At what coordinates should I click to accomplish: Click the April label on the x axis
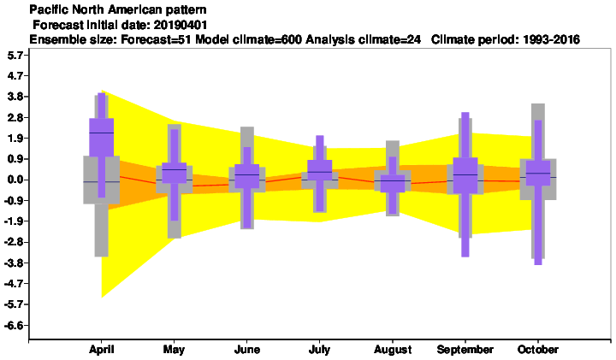101,350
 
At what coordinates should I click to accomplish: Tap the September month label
465,350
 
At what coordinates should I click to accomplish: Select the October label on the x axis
538,350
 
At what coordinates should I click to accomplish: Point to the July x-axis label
319,350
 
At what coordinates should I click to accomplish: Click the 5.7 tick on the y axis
15,56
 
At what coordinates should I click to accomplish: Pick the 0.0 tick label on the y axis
15,180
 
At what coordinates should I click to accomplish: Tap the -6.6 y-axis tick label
14,325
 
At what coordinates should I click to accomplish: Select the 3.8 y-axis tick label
15,97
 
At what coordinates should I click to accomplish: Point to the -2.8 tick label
14,242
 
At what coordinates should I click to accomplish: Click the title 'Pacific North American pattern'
118,9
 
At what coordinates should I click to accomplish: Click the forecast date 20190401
181,25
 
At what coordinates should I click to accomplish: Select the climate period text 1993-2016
552,39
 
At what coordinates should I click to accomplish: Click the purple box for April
101,138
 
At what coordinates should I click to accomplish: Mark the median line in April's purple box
101,133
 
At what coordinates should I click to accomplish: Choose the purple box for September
465,175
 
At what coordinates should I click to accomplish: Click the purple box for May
174,173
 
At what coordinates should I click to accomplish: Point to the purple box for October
538,173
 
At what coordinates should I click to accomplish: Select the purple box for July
319,170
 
